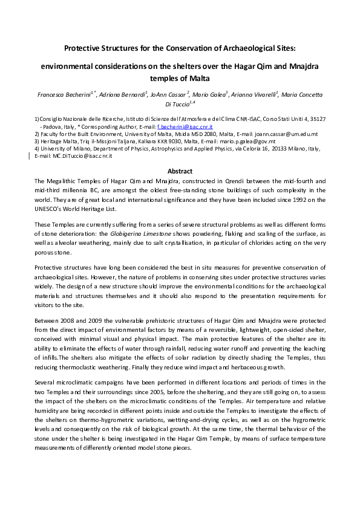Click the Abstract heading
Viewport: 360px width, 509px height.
coord(180,170)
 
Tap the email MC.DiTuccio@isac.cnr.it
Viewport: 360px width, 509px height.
coord(64,157)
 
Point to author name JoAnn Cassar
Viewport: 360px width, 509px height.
coord(171,95)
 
